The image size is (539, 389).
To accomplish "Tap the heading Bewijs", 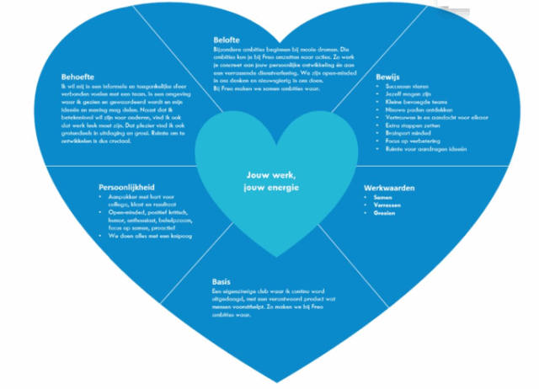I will point(388,77).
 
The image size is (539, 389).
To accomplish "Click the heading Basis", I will point(221,282).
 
